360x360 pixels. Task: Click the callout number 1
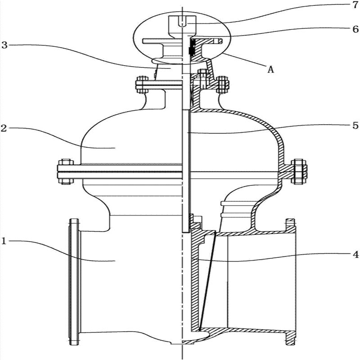click(x=4, y=241)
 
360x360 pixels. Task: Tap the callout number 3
click(x=4, y=45)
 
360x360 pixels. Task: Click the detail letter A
click(x=270, y=69)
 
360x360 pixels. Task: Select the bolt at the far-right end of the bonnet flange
click(x=298, y=171)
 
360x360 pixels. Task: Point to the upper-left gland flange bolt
click(x=142, y=84)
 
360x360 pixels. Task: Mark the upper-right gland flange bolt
click(x=222, y=84)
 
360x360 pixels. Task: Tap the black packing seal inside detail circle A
click(x=191, y=47)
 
